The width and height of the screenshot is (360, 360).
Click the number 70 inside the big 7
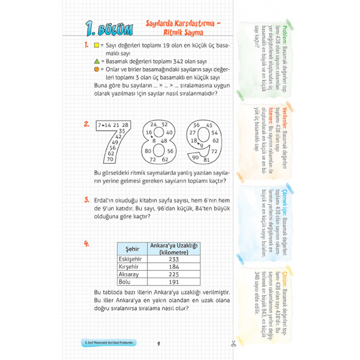[110, 160]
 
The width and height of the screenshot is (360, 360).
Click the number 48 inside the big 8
[164, 140]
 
